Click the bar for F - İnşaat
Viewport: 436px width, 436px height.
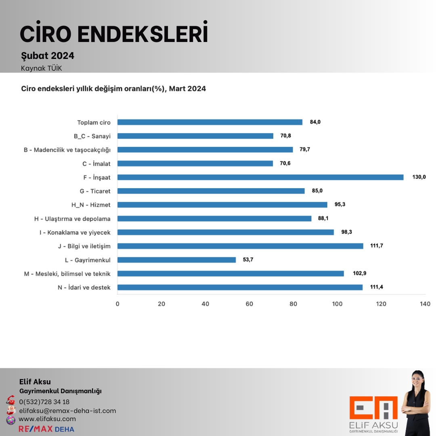260,177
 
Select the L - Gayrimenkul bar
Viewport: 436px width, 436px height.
176,260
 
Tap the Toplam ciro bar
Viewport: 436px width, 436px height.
210,122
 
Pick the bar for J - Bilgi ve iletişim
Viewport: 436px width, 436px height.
240,246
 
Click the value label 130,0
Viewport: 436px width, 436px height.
419,177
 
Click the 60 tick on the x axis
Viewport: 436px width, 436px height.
249,304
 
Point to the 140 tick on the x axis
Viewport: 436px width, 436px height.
425,304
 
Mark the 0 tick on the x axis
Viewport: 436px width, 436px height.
117,304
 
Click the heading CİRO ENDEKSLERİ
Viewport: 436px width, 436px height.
114,34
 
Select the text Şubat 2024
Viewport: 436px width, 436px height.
48,56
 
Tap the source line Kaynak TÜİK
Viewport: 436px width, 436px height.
41,68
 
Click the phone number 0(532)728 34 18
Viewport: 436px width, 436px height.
44,402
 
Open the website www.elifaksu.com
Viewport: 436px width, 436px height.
47,419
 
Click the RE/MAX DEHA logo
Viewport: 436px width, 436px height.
46,429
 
